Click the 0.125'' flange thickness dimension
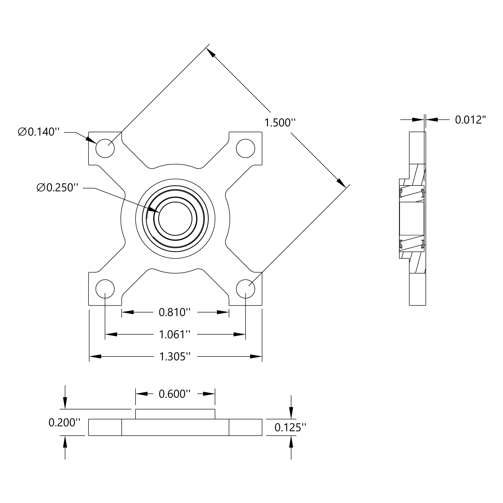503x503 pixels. pos(290,427)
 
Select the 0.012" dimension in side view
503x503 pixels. pos(470,120)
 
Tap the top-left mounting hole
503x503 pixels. pos(105,148)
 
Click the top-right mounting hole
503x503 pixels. pos(245,148)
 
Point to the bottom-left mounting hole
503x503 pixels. pos(105,288)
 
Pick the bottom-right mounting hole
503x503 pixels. pos(245,288)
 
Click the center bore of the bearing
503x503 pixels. pos(175,218)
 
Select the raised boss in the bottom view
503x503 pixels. pos(175,414)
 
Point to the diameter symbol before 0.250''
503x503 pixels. pos(41,188)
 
